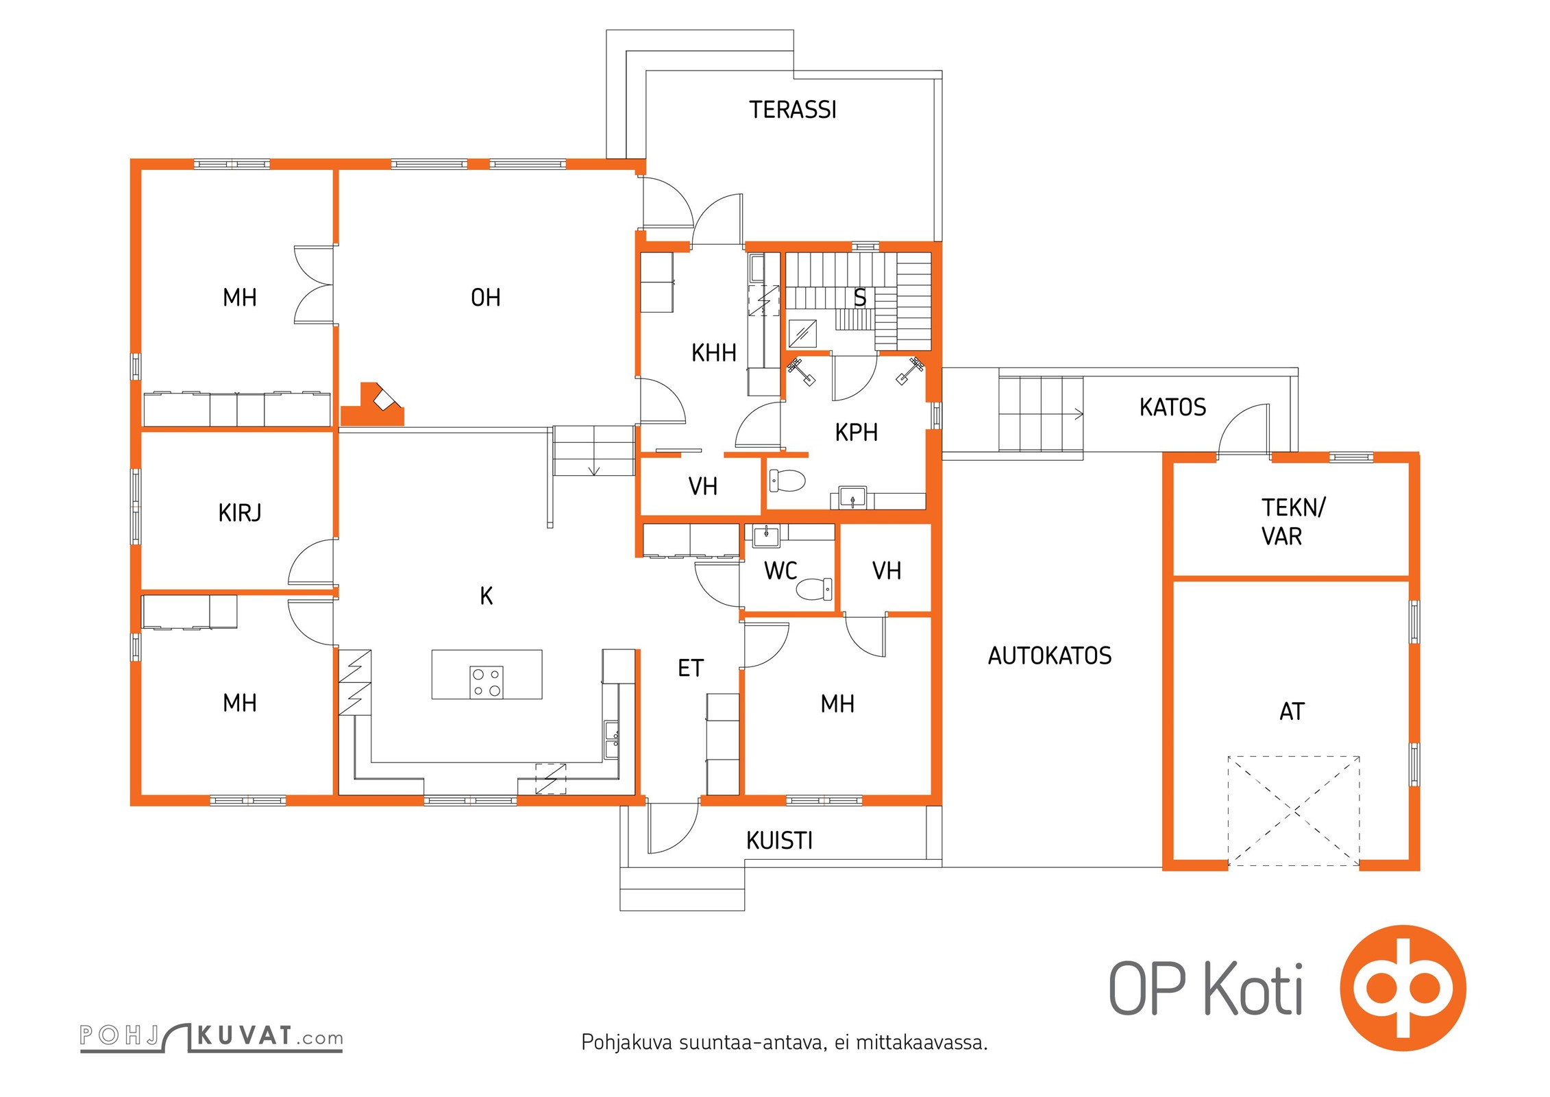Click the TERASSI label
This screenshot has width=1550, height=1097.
(x=793, y=110)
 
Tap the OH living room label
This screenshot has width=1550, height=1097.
(x=486, y=298)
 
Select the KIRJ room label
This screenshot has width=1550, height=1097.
(x=240, y=513)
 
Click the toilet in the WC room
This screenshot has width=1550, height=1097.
(x=815, y=589)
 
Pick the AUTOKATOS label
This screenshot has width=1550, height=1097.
(x=1050, y=656)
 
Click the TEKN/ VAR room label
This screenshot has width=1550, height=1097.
(x=1293, y=522)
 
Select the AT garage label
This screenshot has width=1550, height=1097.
(x=1292, y=712)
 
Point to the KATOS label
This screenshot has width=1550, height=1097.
(x=1172, y=407)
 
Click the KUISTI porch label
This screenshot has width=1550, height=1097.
(x=779, y=841)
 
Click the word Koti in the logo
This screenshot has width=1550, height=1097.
(x=1253, y=989)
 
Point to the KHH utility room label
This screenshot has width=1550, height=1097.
(x=713, y=353)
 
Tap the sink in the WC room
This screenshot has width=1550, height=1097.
(x=765, y=535)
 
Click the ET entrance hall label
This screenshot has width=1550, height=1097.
(x=690, y=668)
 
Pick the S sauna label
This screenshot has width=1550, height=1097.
(x=860, y=298)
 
